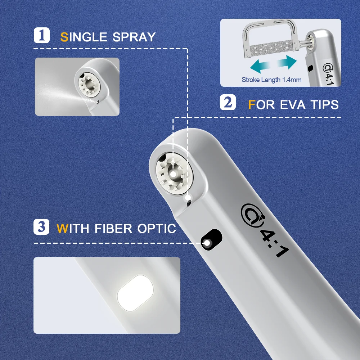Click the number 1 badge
click(x=41, y=35)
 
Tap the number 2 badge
click(x=228, y=102)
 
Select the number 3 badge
click(x=41, y=227)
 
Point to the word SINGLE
click(x=84, y=37)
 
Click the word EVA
click(x=293, y=105)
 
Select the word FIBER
click(x=113, y=229)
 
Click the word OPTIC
click(x=157, y=229)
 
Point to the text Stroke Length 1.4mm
click(x=271, y=80)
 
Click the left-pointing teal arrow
click(x=260, y=66)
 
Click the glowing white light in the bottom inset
click(x=135, y=293)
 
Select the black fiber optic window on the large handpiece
click(x=211, y=239)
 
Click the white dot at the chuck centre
click(x=173, y=174)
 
